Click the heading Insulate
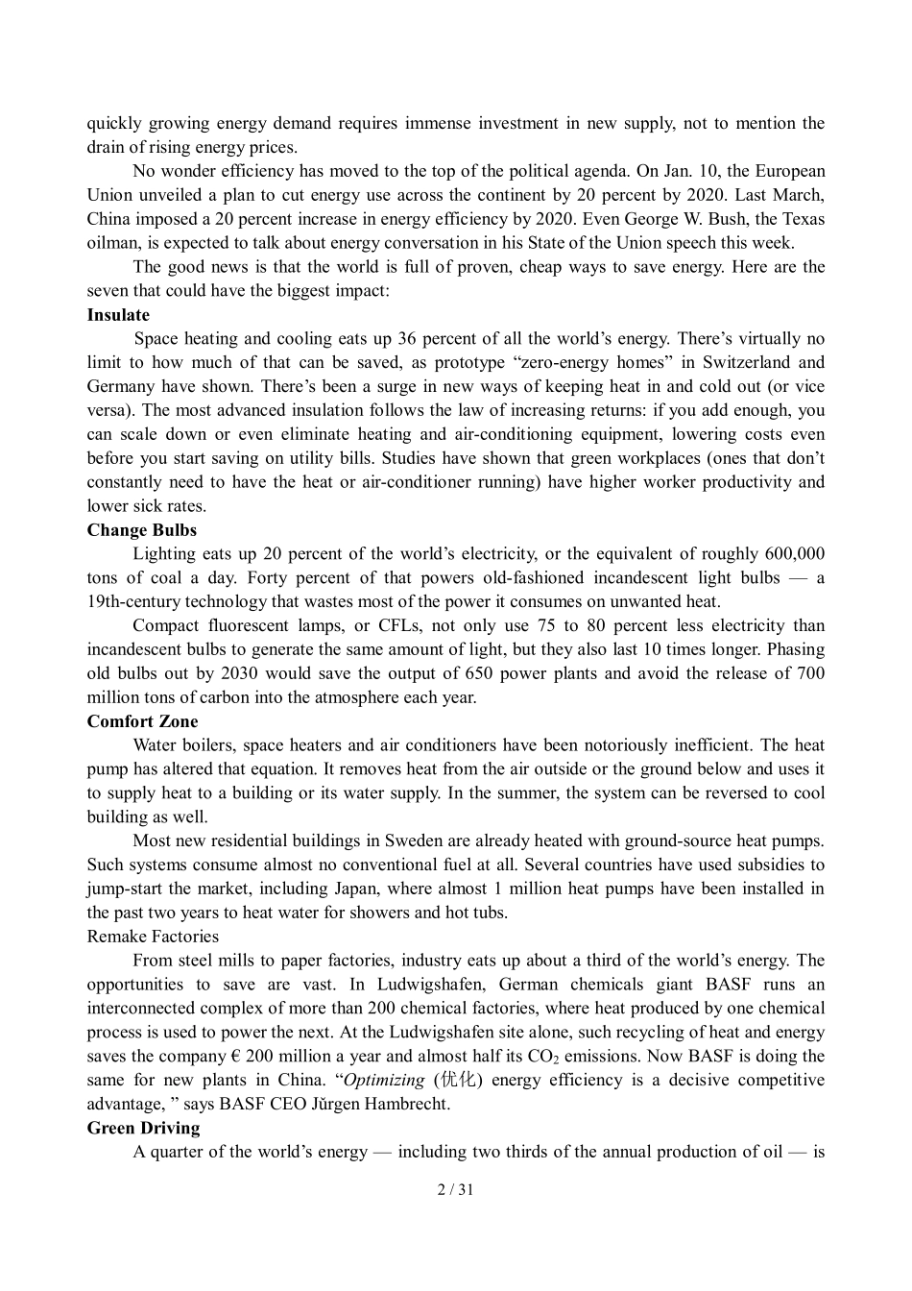pos(118,315)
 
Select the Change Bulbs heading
pos(141,530)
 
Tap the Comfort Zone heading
pos(142,721)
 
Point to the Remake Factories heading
pos(153,937)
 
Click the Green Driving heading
pos(143,1128)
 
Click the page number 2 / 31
pos(455,1189)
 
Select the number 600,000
pos(794,554)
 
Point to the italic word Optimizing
pos(384,1080)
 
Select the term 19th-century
pos(134,602)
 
